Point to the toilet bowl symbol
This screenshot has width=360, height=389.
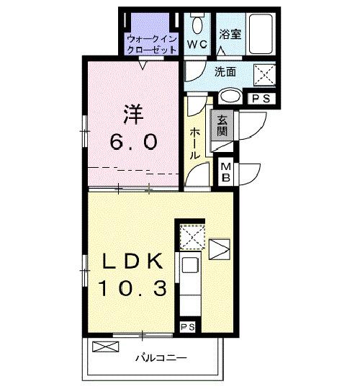click(197, 23)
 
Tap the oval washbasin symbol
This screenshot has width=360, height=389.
click(231, 96)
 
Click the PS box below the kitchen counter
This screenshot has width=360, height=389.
click(188, 328)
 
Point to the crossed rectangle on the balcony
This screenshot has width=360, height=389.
click(104, 347)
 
